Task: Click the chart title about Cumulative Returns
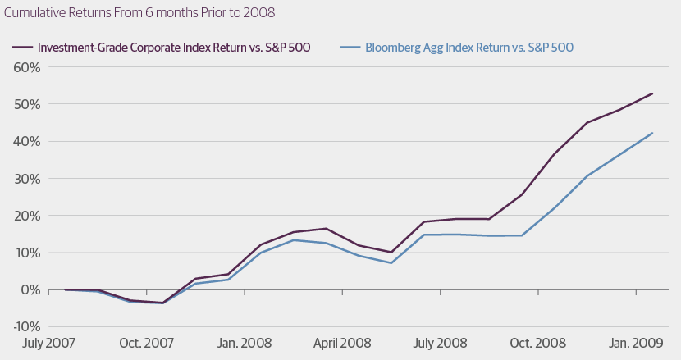pyautogui.click(x=139, y=14)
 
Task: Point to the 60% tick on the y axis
pyautogui.click(x=26, y=67)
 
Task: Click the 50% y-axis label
pyautogui.click(x=26, y=104)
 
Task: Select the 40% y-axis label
pyautogui.click(x=26, y=141)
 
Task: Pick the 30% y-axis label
pyautogui.click(x=26, y=179)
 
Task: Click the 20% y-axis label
pyautogui.click(x=26, y=216)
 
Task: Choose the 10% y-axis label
pyautogui.click(x=26, y=253)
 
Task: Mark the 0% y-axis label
pyautogui.click(x=30, y=289)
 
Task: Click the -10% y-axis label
pyautogui.click(x=25, y=326)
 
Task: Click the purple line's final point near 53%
pyautogui.click(x=652, y=93)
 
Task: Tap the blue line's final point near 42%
pyautogui.click(x=652, y=133)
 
